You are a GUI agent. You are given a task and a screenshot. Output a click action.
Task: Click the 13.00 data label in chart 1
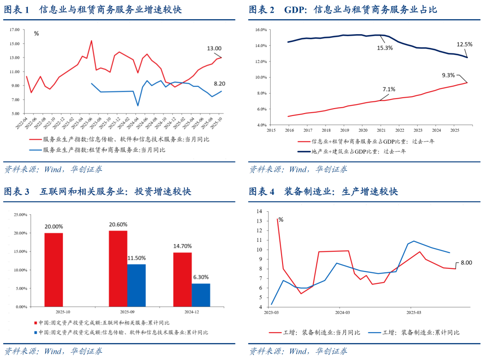214,48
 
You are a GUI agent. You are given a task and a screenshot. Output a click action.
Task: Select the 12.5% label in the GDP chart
464,44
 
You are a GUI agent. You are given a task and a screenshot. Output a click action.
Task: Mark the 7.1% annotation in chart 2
388,89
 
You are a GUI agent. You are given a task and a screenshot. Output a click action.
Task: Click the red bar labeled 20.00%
54,270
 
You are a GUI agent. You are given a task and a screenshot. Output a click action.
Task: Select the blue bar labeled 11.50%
136,285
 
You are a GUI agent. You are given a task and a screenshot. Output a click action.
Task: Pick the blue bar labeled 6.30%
201,295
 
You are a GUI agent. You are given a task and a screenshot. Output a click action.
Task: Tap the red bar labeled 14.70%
183,279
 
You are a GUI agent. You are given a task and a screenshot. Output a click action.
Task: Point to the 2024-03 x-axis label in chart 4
342,313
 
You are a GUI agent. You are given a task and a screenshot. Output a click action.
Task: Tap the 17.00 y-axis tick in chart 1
14,30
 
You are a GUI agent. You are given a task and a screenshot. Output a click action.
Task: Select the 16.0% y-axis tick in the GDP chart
261,30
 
